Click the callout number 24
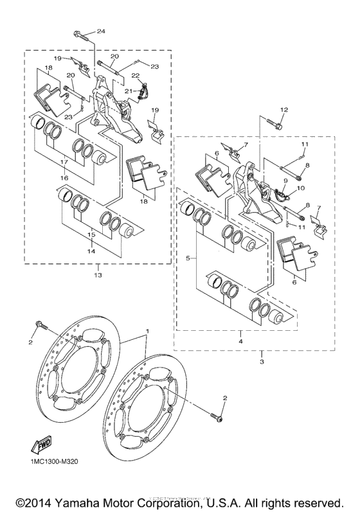point(101,31)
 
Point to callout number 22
point(136,76)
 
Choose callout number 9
point(285,181)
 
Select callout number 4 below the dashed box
point(239,335)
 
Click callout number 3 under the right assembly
point(262,354)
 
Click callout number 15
point(91,236)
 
